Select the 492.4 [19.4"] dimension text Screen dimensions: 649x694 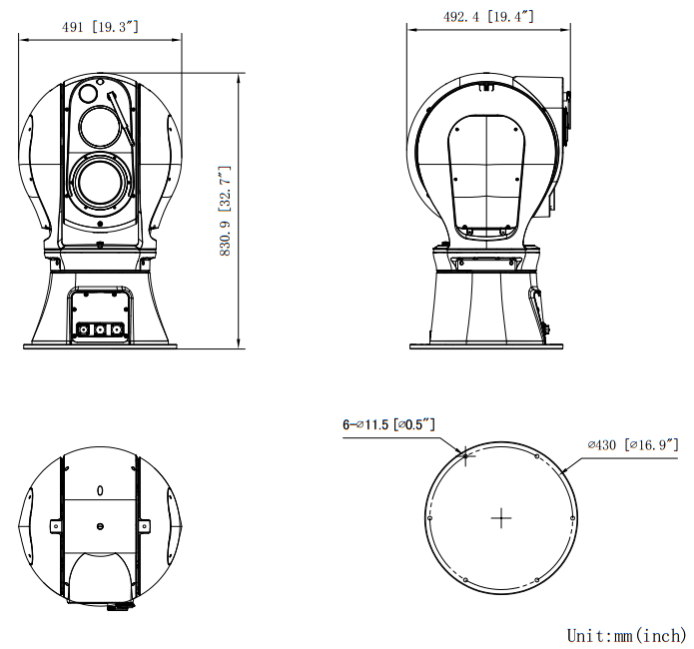pyautogui.click(x=489, y=16)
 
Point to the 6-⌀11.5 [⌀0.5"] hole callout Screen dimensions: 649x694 pyautogui.click(x=388, y=424)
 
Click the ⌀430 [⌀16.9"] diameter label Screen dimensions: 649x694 pyautogui.click(x=633, y=443)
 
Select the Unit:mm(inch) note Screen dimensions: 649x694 pyautogui.click(x=626, y=635)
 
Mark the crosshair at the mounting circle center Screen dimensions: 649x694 pyautogui.click(x=500, y=517)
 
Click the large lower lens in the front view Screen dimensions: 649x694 pyautogui.click(x=100, y=182)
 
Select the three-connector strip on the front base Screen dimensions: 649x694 pyautogui.click(x=100, y=327)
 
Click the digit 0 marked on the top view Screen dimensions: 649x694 pyautogui.click(x=100, y=492)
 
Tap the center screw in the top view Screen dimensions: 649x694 pyautogui.click(x=100, y=526)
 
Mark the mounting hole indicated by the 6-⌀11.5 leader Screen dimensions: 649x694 pyautogui.click(x=464, y=455)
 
